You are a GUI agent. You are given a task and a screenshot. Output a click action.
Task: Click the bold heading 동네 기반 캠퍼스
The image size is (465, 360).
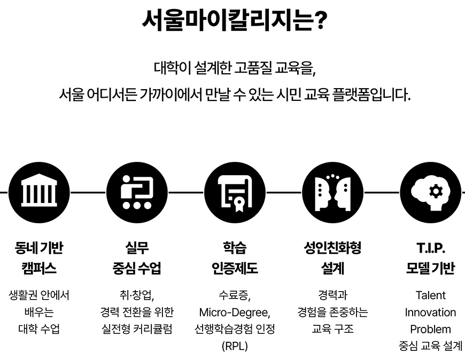pyautogui.click(x=38, y=257)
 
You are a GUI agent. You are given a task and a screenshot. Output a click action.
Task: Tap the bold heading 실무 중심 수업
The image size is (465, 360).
pyautogui.click(x=136, y=257)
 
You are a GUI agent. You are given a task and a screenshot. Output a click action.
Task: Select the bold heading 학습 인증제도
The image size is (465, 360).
pyautogui.click(x=234, y=257)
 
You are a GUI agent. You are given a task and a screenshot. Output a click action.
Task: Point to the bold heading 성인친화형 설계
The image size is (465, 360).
pyautogui.click(x=332, y=257)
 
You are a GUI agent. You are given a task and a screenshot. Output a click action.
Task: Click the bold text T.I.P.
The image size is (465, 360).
pyautogui.click(x=430, y=248)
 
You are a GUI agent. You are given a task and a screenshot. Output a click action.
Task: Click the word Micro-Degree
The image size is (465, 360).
pyautogui.click(x=234, y=312)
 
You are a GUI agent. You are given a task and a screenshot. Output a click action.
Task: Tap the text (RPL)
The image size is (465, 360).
pyautogui.click(x=234, y=346)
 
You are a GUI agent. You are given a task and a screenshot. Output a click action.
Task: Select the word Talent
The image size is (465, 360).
pyautogui.click(x=430, y=295)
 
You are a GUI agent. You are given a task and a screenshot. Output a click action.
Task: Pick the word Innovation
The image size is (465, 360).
pyautogui.click(x=430, y=312)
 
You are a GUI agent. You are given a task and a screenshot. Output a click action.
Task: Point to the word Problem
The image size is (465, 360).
pyautogui.click(x=430, y=329)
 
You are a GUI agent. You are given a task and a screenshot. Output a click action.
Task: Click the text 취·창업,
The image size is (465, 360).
pyautogui.click(x=136, y=295)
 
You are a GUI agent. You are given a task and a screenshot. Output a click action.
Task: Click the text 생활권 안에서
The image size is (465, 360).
pyautogui.click(x=38, y=295)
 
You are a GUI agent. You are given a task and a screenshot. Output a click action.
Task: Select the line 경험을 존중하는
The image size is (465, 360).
pyautogui.click(x=332, y=312)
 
